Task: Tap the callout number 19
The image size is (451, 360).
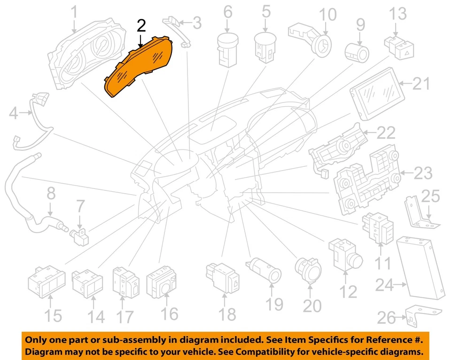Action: point(274,304)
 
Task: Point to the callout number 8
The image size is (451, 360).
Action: point(50,194)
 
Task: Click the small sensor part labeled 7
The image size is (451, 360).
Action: point(79,235)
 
